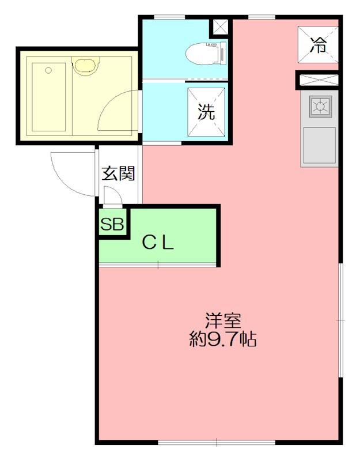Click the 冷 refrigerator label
click(x=319, y=46)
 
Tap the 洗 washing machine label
click(x=206, y=112)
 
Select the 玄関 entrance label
click(x=119, y=173)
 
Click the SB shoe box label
click(x=112, y=225)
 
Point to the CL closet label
click(x=158, y=243)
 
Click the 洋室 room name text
click(x=223, y=322)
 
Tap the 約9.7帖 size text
click(x=223, y=339)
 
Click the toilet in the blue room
click(x=206, y=53)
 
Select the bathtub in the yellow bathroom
click(x=48, y=97)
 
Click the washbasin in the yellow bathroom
click(x=85, y=65)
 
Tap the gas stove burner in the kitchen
click(x=320, y=105)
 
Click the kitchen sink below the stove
click(x=319, y=145)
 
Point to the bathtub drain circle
click(x=48, y=70)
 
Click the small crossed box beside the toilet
click(x=220, y=27)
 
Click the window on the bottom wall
click(x=217, y=442)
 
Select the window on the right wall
click(x=340, y=320)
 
